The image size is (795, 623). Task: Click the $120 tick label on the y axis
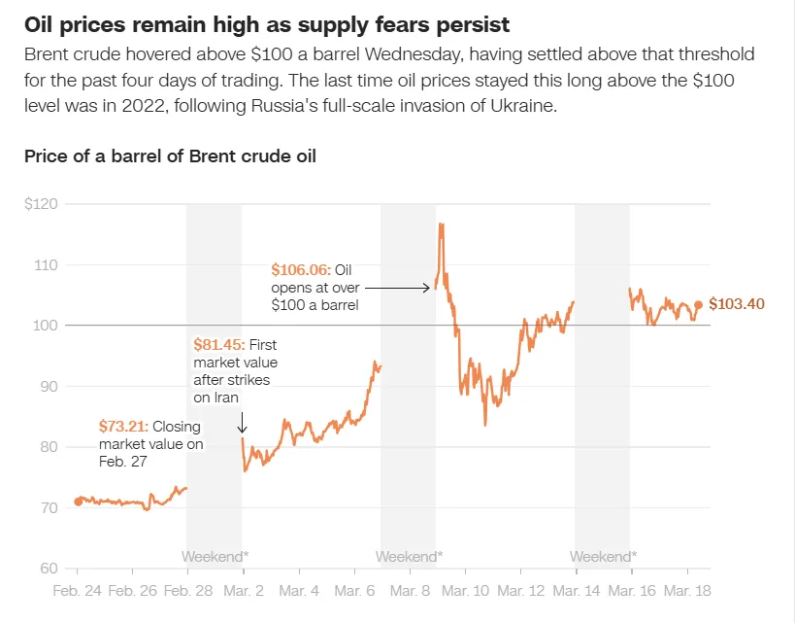[x=43, y=204]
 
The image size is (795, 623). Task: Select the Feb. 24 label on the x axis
[x=78, y=591]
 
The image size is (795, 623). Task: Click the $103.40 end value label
[x=737, y=304]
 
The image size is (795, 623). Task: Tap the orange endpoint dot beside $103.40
[x=698, y=304]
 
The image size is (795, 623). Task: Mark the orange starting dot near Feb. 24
[x=79, y=502]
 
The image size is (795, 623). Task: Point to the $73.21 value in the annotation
[x=124, y=426]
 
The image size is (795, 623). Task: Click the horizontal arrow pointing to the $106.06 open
[x=398, y=287]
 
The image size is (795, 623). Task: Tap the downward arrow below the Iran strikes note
[x=242, y=423]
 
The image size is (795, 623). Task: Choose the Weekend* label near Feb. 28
[x=215, y=557]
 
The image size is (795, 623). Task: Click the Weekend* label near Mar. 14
[x=603, y=557]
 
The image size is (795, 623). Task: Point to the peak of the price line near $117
[x=442, y=225]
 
